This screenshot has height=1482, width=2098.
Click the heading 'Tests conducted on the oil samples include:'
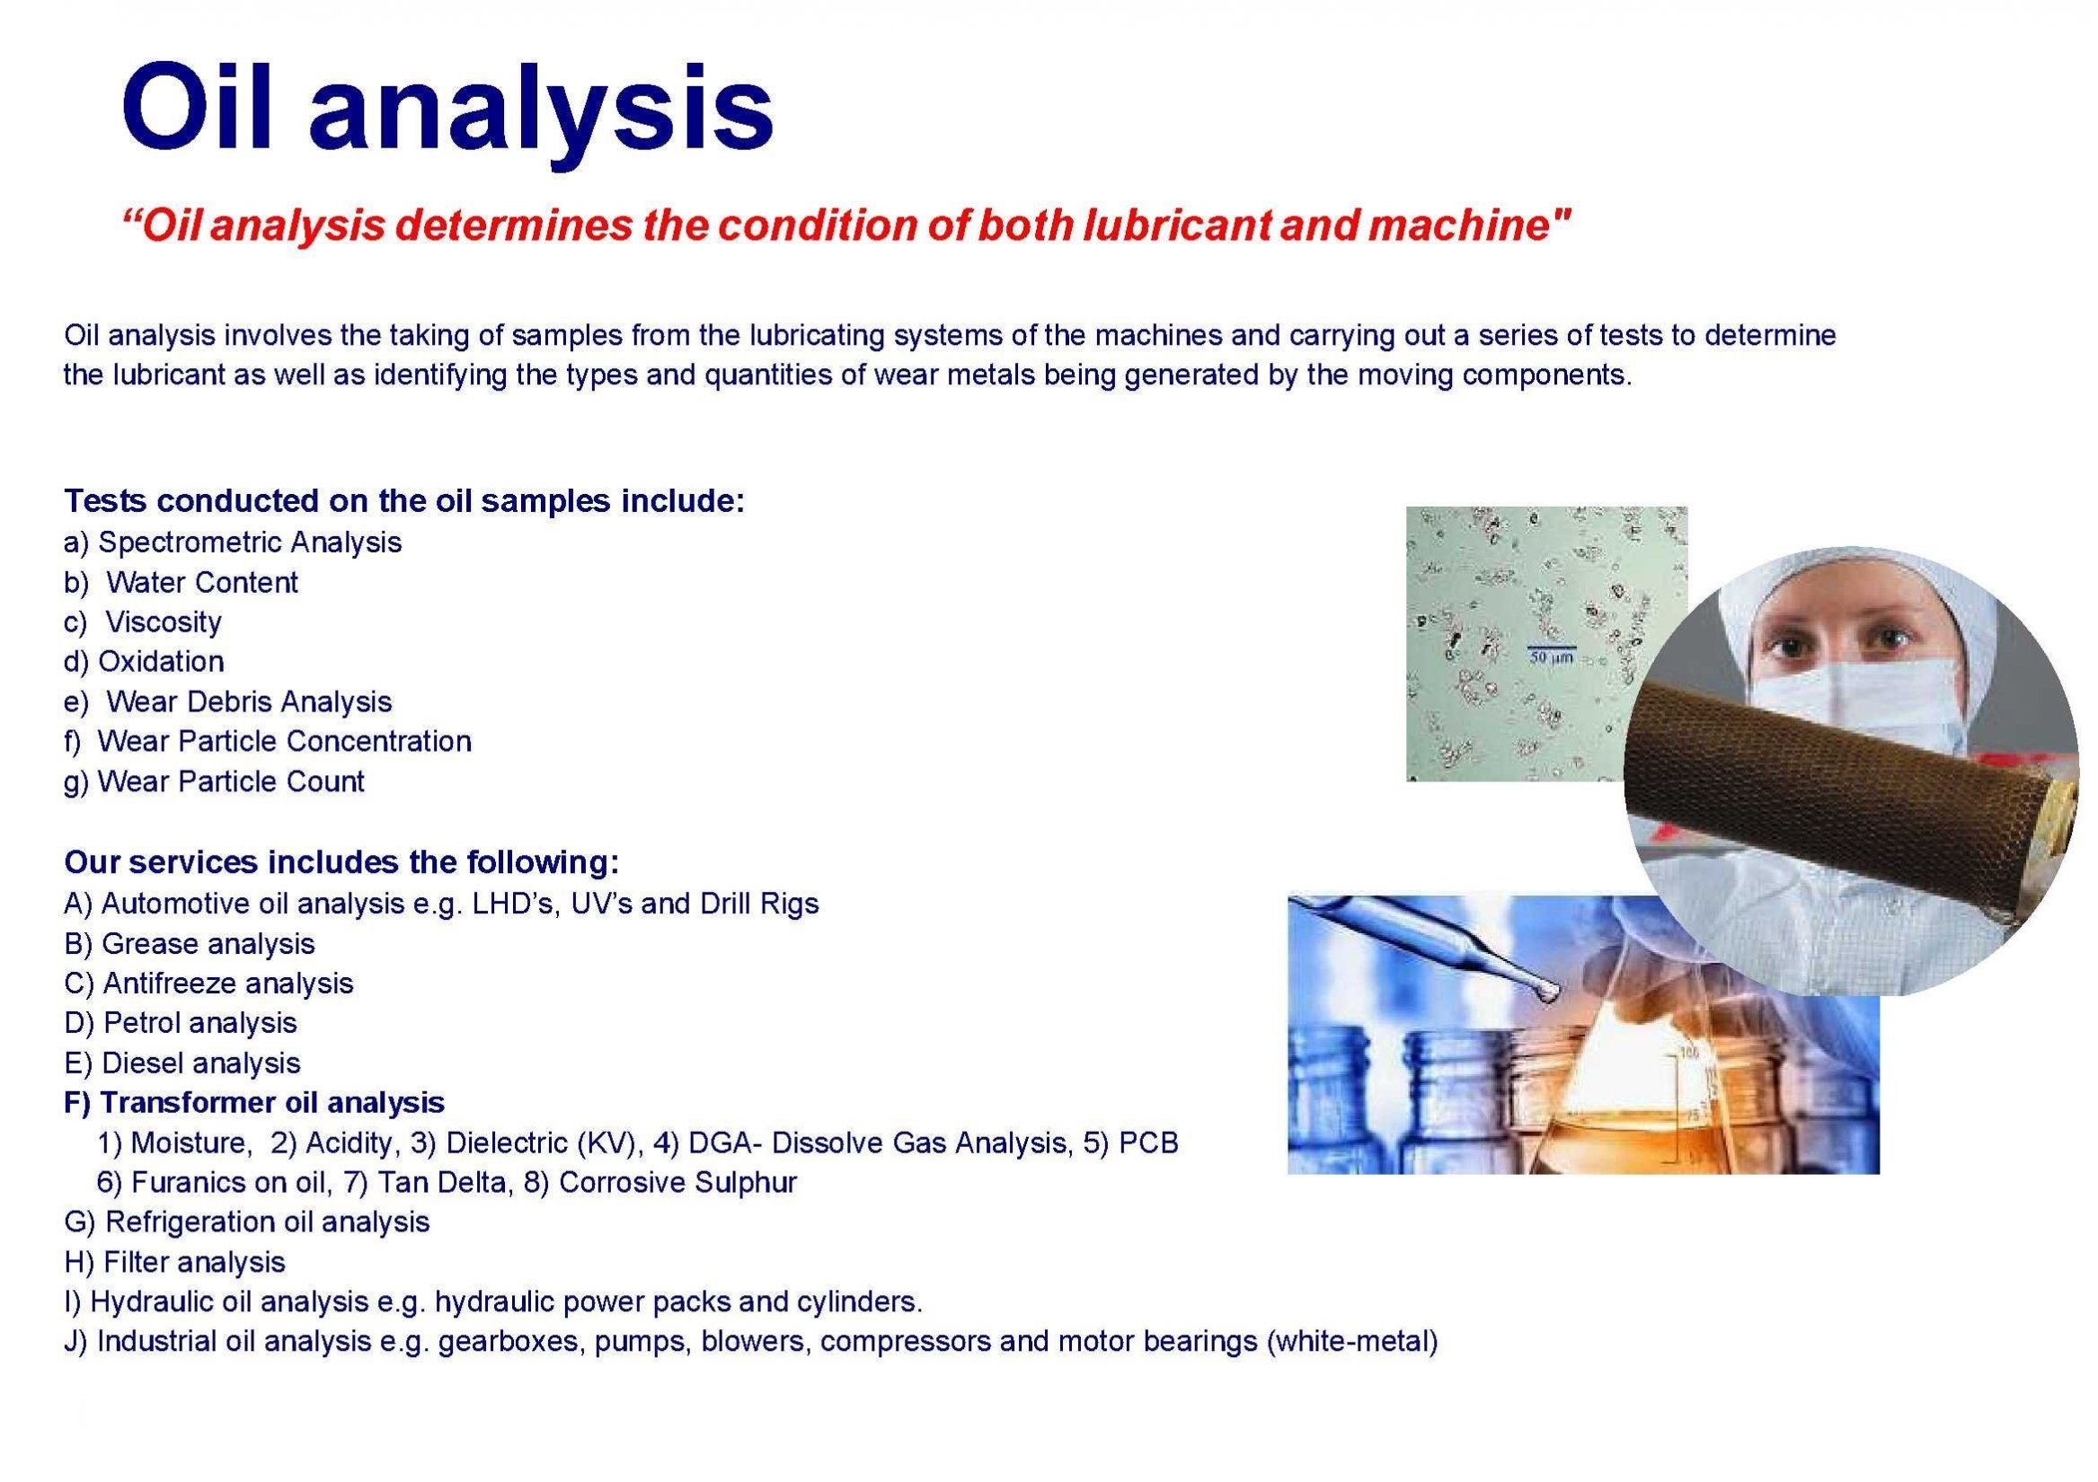tap(405, 501)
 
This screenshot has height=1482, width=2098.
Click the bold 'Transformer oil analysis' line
tap(255, 1103)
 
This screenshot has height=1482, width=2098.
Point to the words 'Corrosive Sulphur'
tap(678, 1182)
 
